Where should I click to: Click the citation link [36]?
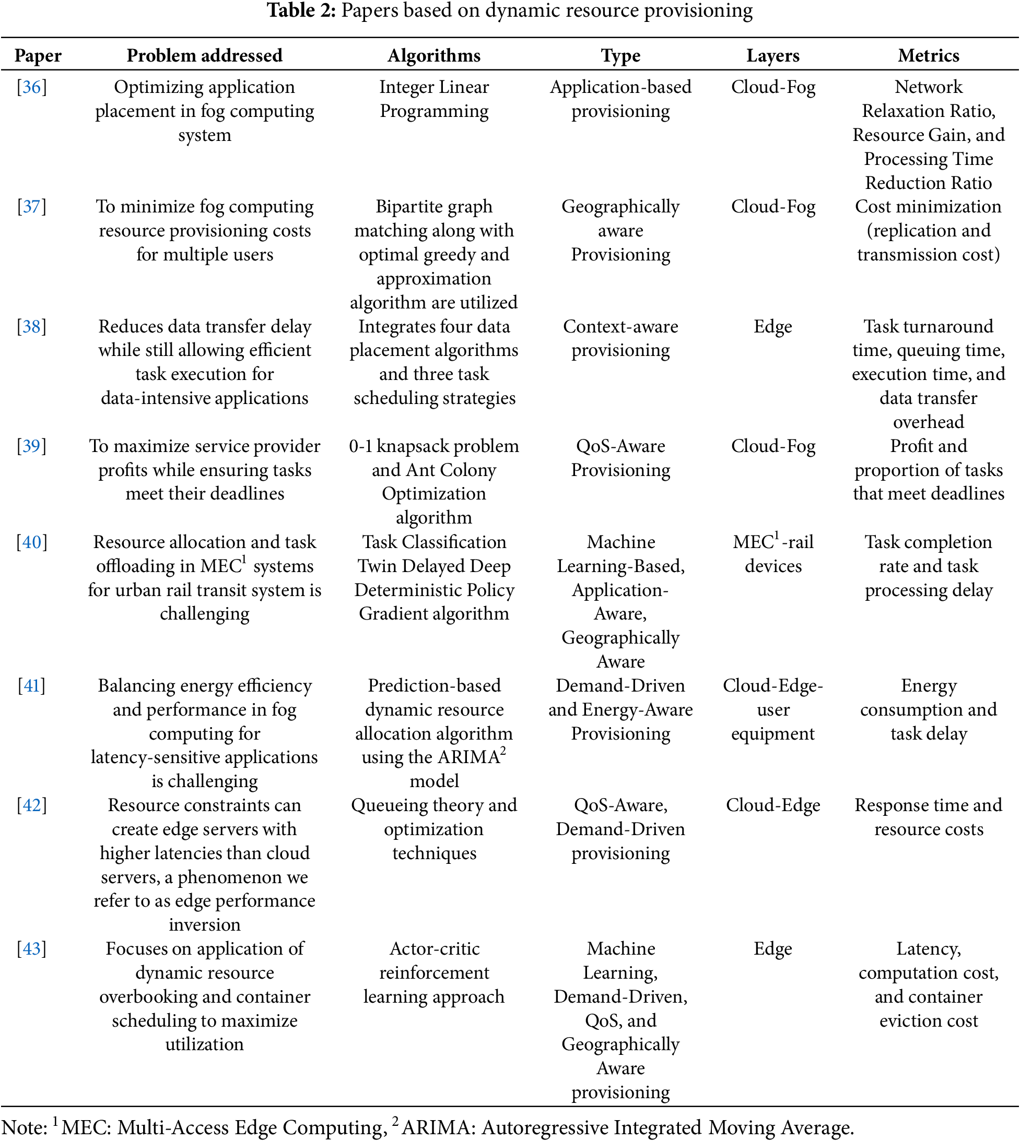pyautogui.click(x=31, y=87)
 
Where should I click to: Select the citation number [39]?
pyautogui.click(x=31, y=446)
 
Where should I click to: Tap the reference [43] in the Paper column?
pyautogui.click(x=31, y=948)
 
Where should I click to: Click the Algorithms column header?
pyautogui.click(x=434, y=55)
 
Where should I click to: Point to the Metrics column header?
pyautogui.click(x=928, y=55)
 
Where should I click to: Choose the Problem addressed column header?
pyautogui.click(x=205, y=55)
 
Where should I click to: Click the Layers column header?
pyautogui.click(x=773, y=55)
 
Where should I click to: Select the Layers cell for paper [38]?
pyautogui.click(x=773, y=327)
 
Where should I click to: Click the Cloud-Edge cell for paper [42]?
pyautogui.click(x=773, y=805)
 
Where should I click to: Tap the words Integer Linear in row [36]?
pyautogui.click(x=434, y=87)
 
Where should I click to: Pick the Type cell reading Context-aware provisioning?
pyautogui.click(x=620, y=338)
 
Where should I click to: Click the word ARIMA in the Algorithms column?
pyautogui.click(x=468, y=757)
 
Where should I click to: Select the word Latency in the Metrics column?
pyautogui.click(x=928, y=948)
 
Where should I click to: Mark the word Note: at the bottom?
pyautogui.click(x=25, y=1127)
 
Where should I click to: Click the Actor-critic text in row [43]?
pyautogui.click(x=435, y=948)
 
